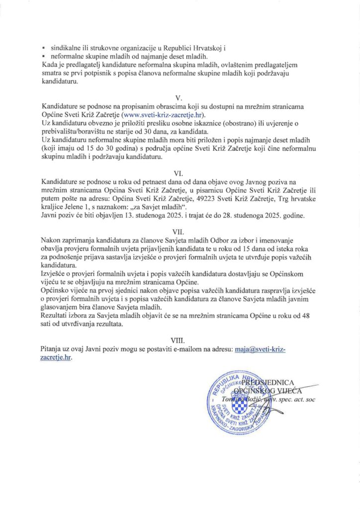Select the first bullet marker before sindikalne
[44, 49]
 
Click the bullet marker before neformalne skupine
[44, 57]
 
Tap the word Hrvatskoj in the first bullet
[204, 48]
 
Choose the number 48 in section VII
[313, 317]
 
